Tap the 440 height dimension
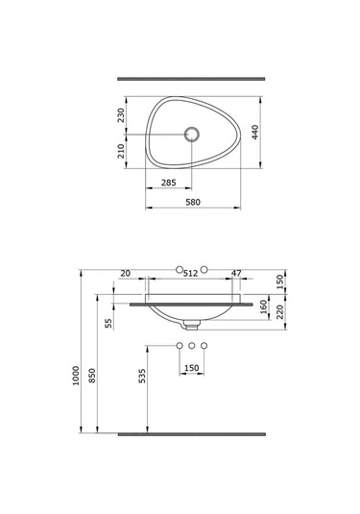pos(256,132)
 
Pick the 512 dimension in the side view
pos(190,274)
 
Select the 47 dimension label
pos(236,274)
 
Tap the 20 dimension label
pos(126,274)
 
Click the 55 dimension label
pos(108,323)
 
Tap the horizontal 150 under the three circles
pos(192,368)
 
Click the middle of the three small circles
pos(192,344)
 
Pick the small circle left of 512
pos(178,268)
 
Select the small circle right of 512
pos(205,268)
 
